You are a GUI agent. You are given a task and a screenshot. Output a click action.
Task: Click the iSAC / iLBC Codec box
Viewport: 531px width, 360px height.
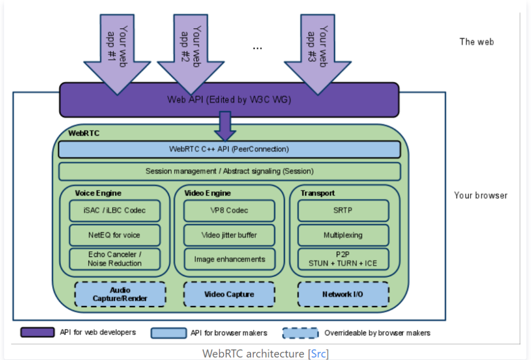(x=115, y=210)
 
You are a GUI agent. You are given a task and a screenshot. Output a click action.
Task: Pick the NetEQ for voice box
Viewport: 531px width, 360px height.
(x=115, y=235)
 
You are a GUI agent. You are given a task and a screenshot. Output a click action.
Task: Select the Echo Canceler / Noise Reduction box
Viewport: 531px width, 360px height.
(x=115, y=259)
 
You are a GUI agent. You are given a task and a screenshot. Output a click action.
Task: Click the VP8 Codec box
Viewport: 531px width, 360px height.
(x=229, y=210)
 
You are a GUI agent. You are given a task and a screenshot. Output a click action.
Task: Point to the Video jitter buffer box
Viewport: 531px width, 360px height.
(x=229, y=235)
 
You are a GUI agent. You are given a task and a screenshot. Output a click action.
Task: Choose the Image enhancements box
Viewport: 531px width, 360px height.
(x=229, y=259)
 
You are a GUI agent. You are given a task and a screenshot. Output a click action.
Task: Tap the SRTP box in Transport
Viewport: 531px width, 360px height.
(x=343, y=210)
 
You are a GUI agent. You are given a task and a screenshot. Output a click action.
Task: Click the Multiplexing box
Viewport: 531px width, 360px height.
(x=343, y=235)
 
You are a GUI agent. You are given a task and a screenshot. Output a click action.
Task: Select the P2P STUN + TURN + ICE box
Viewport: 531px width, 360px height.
(x=343, y=259)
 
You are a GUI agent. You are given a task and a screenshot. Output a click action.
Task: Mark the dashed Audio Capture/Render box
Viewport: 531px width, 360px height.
(x=120, y=294)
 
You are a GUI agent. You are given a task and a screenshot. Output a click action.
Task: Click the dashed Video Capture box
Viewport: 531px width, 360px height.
(x=229, y=294)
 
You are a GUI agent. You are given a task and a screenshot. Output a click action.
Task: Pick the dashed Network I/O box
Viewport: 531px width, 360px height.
(x=343, y=294)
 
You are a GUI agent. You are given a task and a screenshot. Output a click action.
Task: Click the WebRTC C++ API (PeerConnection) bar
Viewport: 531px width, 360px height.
(x=229, y=150)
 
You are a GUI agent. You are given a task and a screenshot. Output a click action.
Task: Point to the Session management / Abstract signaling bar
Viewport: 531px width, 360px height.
(x=229, y=171)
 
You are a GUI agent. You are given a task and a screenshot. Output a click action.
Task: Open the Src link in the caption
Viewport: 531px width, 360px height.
(x=318, y=353)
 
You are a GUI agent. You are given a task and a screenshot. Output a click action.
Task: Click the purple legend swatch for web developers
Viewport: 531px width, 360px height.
(x=37, y=332)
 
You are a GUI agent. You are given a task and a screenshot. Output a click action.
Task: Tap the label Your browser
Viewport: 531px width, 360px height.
(x=480, y=195)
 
